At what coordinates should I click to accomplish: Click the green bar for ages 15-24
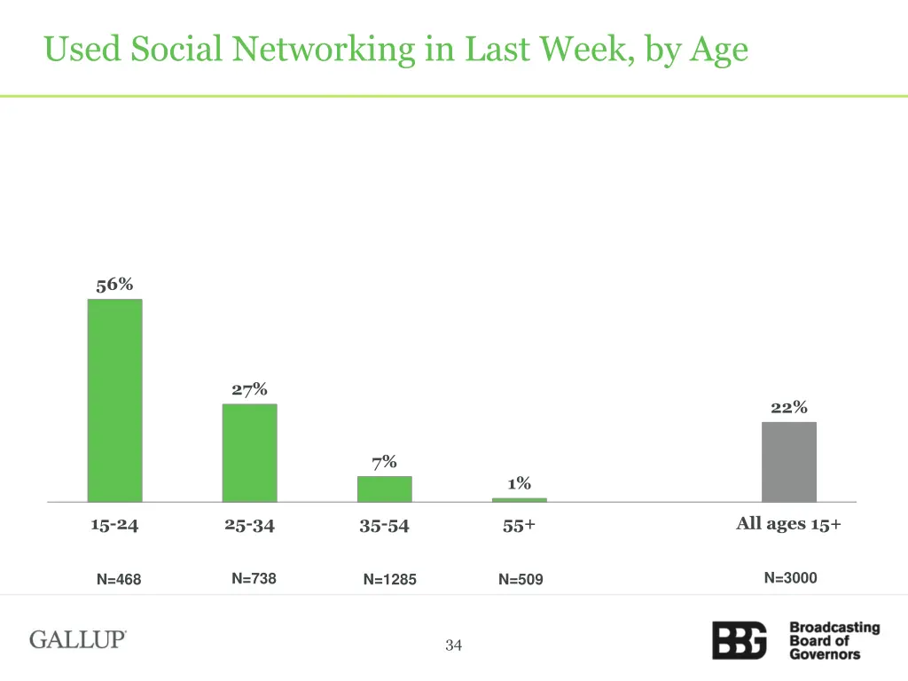114,400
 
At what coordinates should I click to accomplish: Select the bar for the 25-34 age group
249,453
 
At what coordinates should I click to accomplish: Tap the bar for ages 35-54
384,489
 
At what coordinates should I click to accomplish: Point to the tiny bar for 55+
519,500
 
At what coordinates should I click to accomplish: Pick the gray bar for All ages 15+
788,462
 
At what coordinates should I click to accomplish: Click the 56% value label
114,285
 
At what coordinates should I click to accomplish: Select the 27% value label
249,390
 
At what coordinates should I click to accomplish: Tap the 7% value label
384,462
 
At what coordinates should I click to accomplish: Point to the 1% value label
519,483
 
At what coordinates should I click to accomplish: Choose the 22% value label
788,408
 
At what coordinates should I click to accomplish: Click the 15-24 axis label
114,525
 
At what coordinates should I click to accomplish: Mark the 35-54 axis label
384,526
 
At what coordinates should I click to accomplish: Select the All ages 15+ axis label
788,524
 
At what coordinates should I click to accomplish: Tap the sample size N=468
119,580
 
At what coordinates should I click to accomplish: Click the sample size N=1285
389,580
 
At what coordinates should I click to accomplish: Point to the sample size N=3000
790,578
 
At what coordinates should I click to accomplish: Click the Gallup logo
78,639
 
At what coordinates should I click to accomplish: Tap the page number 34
454,646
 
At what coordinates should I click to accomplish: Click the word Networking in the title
325,49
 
